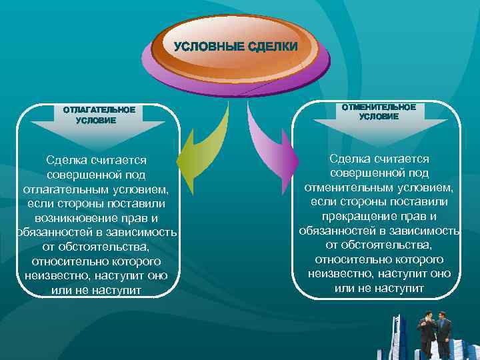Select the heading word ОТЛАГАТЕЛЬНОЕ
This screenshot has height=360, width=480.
click(x=99, y=109)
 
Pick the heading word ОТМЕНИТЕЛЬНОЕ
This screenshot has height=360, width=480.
click(x=379, y=107)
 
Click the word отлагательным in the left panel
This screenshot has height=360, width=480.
click(x=67, y=189)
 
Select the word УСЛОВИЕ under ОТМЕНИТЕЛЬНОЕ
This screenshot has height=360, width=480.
click(x=379, y=117)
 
